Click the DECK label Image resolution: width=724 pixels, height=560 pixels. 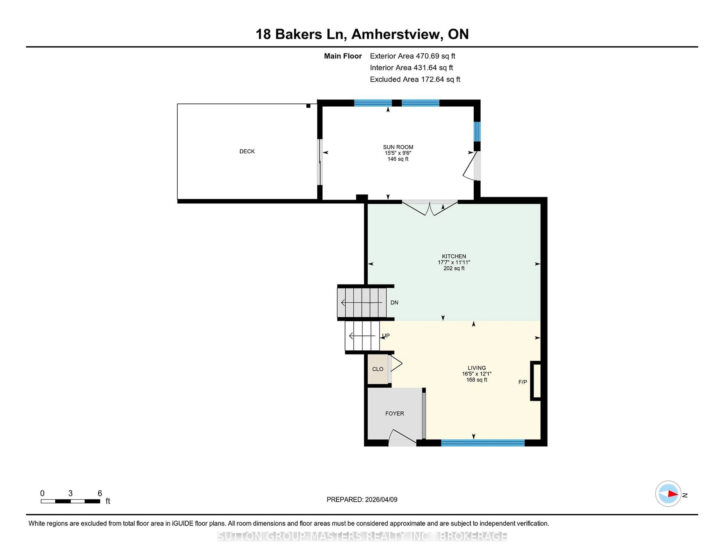tap(247, 151)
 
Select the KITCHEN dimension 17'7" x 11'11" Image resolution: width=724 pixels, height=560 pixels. tap(454, 262)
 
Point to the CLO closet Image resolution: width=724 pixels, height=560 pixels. tap(378, 369)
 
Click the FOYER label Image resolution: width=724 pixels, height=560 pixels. tap(394, 413)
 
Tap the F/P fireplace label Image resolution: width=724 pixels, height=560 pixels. tap(522, 382)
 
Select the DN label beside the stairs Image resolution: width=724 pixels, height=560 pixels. tap(394, 303)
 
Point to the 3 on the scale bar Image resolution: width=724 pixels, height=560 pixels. tap(70, 493)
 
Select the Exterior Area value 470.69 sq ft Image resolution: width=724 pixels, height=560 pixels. tap(436, 56)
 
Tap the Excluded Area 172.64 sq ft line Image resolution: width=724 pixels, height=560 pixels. tap(415, 79)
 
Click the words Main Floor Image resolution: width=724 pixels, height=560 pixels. tap(343, 56)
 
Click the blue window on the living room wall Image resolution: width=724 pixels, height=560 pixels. tap(483, 443)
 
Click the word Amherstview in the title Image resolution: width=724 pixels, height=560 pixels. tap(397, 34)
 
